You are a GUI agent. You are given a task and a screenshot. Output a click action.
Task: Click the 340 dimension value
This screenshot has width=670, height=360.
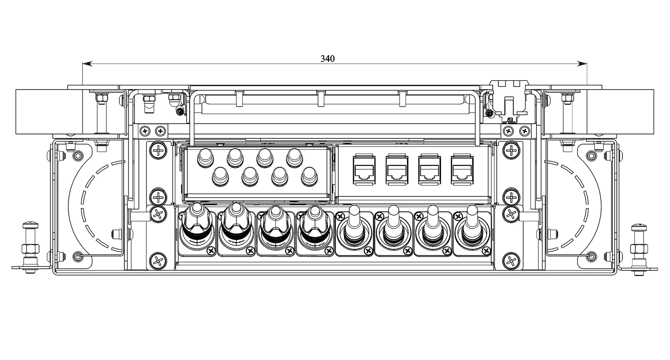(328, 59)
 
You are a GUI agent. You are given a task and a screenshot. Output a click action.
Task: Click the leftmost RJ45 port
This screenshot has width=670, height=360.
(364, 169)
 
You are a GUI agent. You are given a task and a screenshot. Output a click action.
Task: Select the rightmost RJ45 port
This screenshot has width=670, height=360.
(462, 169)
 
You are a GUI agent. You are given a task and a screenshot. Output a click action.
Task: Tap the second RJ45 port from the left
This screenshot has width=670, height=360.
(397, 169)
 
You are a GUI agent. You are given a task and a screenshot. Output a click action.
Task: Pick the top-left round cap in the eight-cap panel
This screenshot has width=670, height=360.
(205, 158)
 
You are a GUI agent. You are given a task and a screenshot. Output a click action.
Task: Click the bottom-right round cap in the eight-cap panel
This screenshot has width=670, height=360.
(309, 177)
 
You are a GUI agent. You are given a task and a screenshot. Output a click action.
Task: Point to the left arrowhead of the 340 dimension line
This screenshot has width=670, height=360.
(87, 64)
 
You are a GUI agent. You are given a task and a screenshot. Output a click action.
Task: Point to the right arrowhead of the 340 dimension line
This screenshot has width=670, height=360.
(582, 64)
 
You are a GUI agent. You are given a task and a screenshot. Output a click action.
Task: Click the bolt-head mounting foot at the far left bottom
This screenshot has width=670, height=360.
(30, 248)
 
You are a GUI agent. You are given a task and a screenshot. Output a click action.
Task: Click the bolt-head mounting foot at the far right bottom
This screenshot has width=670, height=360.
(639, 249)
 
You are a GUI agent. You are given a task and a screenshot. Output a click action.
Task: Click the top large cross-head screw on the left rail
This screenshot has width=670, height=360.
(158, 150)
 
